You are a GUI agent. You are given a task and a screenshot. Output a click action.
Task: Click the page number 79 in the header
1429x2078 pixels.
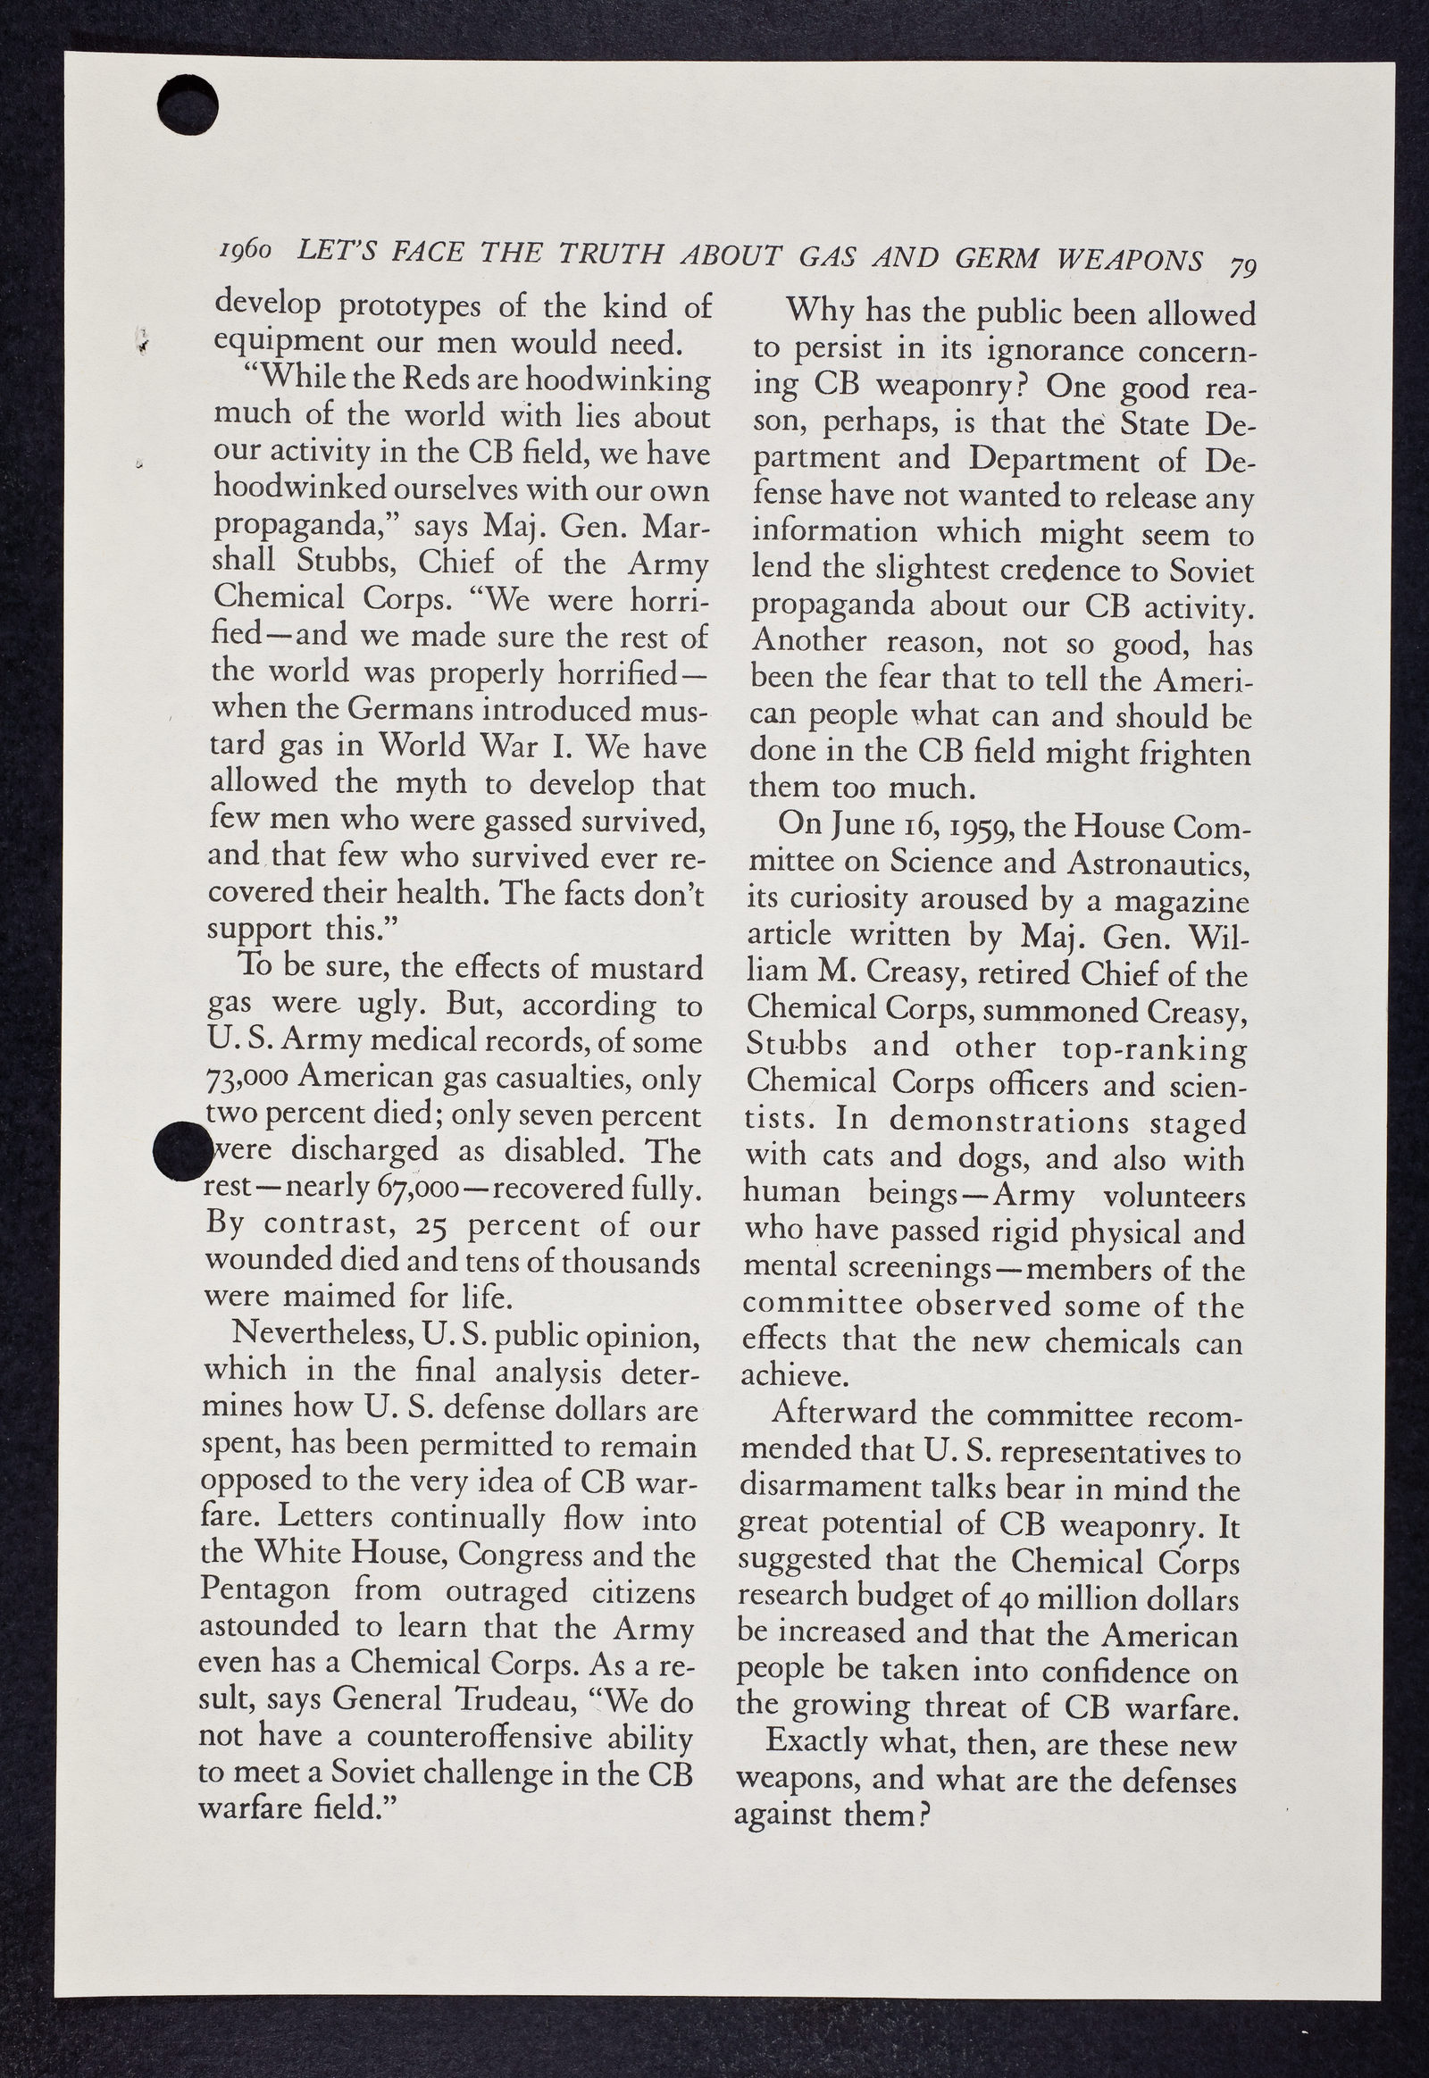(x=1243, y=268)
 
